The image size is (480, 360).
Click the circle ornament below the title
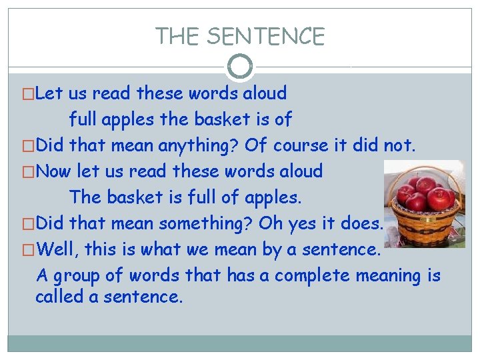click(240, 66)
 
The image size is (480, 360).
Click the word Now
click(53, 171)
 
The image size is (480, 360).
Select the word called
click(59, 297)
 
